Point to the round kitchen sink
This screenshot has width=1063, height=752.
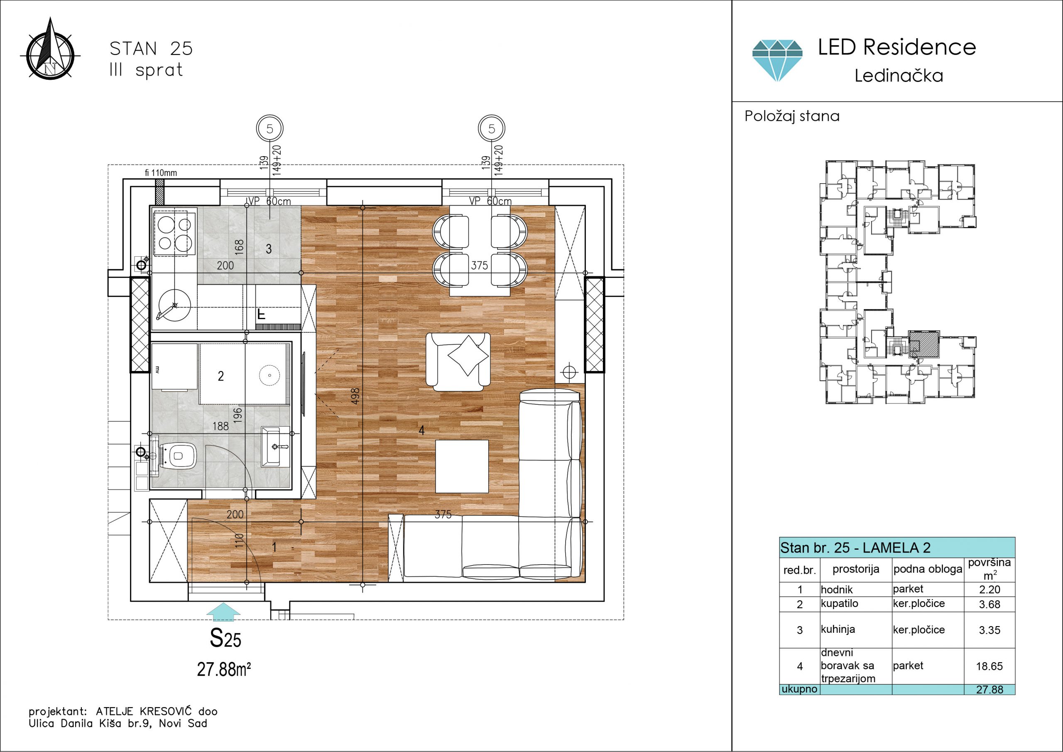[174, 305]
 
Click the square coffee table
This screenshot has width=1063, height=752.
[462, 466]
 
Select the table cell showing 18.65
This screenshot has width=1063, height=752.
[990, 666]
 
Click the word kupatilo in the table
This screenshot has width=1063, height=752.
[839, 604]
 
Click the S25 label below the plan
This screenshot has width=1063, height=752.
[225, 639]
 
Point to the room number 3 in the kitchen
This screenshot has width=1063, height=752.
[269, 249]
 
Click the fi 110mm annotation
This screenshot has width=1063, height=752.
[161, 173]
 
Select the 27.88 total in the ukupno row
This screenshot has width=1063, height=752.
[990, 689]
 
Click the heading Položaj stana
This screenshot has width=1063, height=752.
[792, 116]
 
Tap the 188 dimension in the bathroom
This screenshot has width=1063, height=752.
[221, 426]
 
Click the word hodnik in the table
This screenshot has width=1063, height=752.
[837, 590]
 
